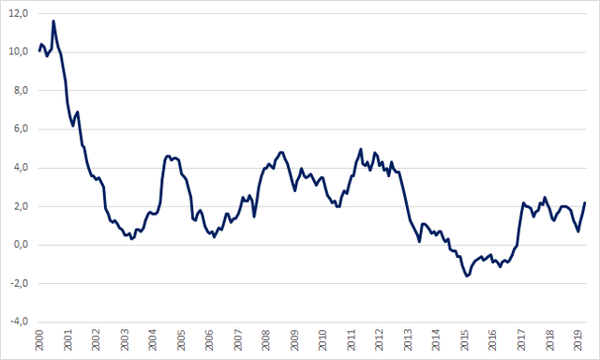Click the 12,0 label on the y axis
tap(19, 14)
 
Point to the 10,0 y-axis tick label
tap(19, 52)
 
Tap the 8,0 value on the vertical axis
tap(21, 90)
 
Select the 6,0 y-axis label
tap(21, 129)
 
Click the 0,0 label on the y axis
tap(21, 245)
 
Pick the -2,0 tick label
tap(19, 283)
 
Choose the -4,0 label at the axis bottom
tap(19, 322)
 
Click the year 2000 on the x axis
tap(39, 339)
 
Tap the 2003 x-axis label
tap(125, 339)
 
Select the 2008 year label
tap(266, 339)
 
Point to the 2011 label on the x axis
tap(352, 339)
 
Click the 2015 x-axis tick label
tap(465, 339)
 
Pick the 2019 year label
tap(578, 339)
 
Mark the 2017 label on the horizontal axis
tap(521, 339)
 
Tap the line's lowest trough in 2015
tap(467, 276)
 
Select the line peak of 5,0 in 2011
tap(360, 149)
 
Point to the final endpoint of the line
tap(585, 202)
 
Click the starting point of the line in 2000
tap(39, 51)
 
